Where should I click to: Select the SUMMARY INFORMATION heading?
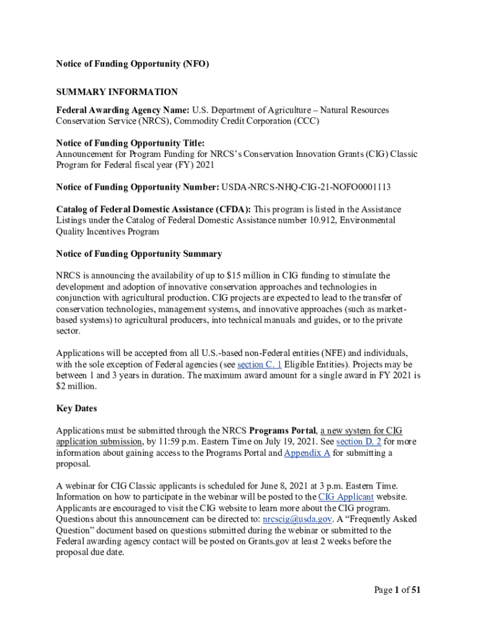[117, 92]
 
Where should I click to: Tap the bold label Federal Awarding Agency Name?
[123, 110]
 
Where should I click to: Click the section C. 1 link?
[260, 365]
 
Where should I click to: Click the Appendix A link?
[307, 453]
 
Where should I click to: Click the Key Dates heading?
[77, 409]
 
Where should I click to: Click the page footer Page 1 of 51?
[397, 590]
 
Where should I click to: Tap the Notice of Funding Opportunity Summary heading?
[139, 254]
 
